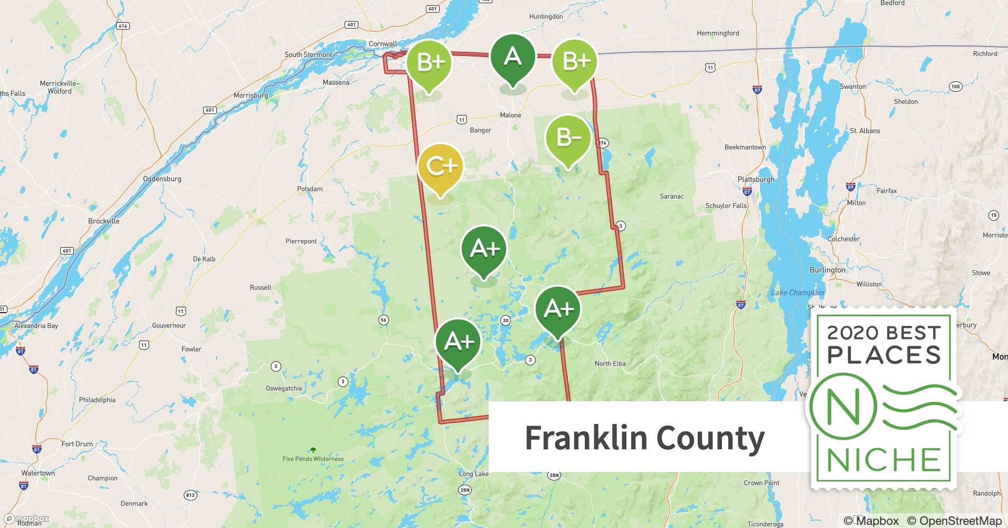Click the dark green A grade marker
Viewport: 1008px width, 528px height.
coord(512,57)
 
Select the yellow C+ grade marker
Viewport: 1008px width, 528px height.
coord(440,167)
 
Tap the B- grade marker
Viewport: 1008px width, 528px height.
coord(568,138)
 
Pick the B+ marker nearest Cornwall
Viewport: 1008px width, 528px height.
coord(429,62)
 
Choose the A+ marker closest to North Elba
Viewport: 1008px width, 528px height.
coord(558,309)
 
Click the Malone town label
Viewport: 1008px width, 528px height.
coord(510,115)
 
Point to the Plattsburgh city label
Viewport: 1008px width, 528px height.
coord(756,180)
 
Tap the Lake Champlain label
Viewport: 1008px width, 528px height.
coord(797,293)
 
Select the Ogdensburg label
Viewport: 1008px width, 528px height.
coord(162,179)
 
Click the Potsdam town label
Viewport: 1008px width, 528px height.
coord(310,189)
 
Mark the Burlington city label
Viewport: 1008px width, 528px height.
coord(827,270)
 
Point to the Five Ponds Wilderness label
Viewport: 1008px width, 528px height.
coord(313,459)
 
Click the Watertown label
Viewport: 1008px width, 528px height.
coord(38,473)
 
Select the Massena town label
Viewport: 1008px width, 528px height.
coord(336,82)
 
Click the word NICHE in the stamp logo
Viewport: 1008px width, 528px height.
coord(883,460)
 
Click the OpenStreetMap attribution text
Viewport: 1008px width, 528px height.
coord(954,521)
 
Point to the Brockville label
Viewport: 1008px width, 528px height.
coord(104,221)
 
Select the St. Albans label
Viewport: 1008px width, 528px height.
coord(864,131)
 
